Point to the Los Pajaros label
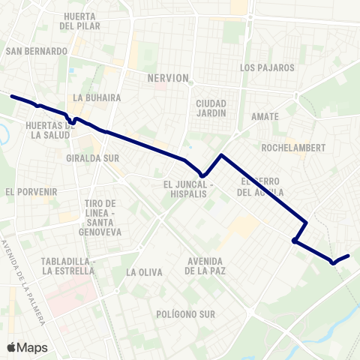(x=267, y=67)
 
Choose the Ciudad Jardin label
(x=211, y=108)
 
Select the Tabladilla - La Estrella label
(x=68, y=266)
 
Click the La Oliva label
(x=145, y=272)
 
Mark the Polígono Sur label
(x=183, y=313)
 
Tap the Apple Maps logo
(x=27, y=347)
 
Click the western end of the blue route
(x=12, y=96)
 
